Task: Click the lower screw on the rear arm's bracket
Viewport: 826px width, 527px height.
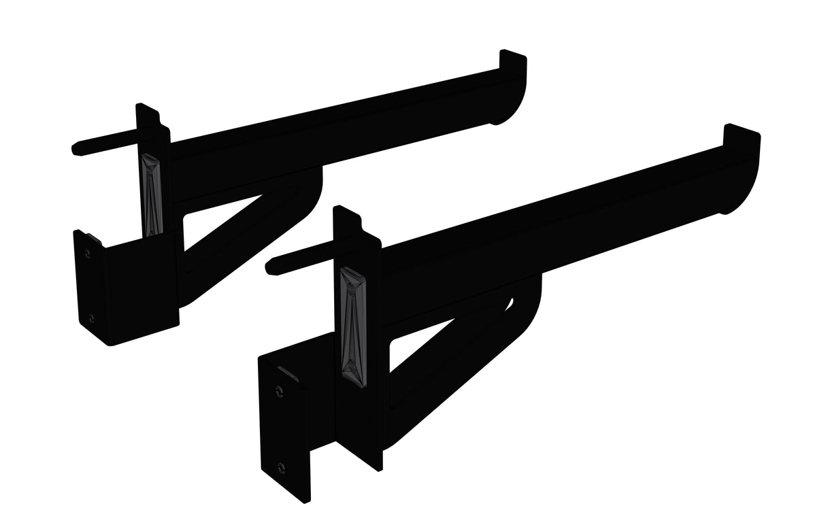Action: click(91, 317)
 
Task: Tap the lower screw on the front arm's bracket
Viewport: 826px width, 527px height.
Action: click(281, 467)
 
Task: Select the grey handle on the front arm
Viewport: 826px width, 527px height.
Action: click(352, 320)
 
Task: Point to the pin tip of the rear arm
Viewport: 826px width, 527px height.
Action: click(77, 148)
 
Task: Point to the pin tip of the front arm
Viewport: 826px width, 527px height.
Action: click(270, 262)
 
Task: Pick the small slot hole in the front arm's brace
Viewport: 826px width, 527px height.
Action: click(510, 304)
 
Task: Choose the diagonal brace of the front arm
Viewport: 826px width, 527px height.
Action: click(442, 381)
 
